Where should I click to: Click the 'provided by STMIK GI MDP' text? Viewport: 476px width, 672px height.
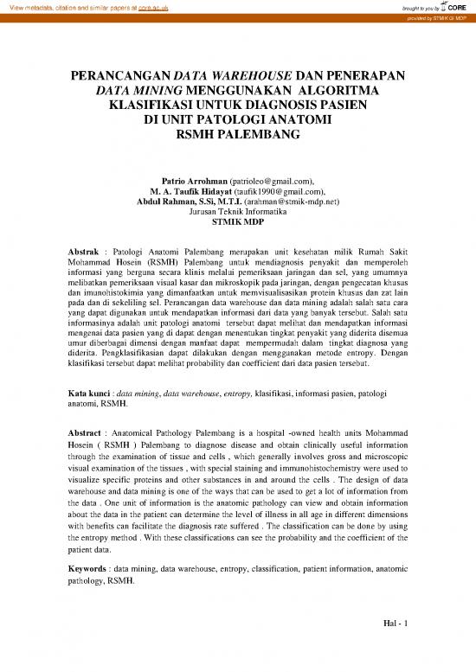click(x=433, y=16)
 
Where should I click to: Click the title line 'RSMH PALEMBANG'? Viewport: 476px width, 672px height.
click(x=237, y=136)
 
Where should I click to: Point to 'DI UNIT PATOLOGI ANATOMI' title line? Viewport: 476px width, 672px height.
click(x=237, y=121)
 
